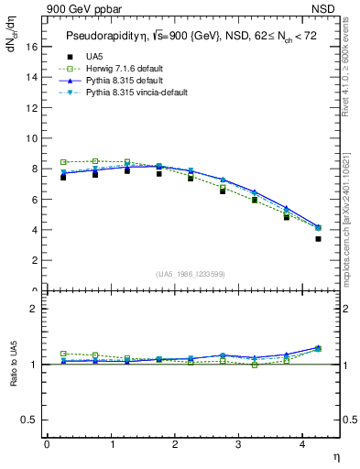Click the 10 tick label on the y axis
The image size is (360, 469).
(36, 139)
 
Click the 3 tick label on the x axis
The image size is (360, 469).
(238, 444)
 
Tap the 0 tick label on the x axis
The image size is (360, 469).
(47, 444)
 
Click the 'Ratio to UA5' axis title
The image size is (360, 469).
(14, 365)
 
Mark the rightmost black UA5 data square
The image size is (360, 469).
(318, 239)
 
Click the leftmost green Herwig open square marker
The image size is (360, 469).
(63, 162)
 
